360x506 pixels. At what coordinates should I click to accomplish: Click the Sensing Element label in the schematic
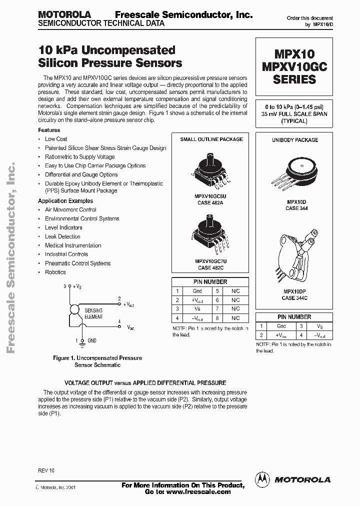(x=93, y=313)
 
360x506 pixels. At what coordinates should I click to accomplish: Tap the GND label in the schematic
(x=91, y=340)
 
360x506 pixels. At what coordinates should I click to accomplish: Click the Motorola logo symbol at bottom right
(x=261, y=479)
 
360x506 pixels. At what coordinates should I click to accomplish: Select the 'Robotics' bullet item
(x=55, y=272)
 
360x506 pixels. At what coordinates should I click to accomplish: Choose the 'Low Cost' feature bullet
(x=56, y=139)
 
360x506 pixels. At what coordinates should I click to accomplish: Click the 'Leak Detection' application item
(x=62, y=236)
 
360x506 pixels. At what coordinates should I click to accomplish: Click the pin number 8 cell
(x=216, y=318)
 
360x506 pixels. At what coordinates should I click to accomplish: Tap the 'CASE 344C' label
(x=295, y=298)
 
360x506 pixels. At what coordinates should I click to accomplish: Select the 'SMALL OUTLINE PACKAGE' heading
(x=211, y=139)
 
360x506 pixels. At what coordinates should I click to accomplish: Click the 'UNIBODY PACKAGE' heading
(x=294, y=140)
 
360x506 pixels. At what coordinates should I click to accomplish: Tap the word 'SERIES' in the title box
(x=294, y=79)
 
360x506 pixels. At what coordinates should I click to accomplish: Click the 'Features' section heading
(x=49, y=130)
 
